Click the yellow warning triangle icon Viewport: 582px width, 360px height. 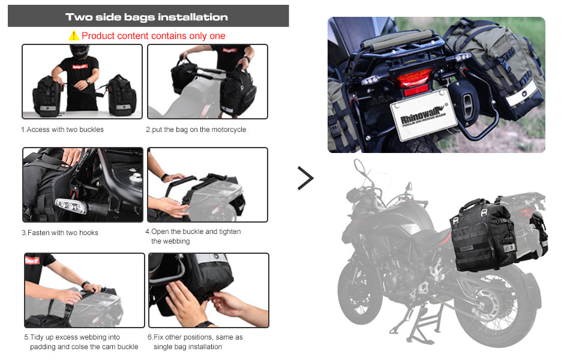coord(74,35)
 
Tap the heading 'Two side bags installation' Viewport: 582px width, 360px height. coord(146,17)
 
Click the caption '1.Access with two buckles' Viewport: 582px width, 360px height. coord(62,130)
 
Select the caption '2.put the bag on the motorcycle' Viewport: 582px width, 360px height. coord(196,130)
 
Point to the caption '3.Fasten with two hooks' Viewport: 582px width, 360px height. coord(60,233)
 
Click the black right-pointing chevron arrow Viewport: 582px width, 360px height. coord(306,178)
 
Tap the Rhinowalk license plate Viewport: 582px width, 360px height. coord(424,115)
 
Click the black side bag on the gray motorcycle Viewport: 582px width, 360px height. coord(482,235)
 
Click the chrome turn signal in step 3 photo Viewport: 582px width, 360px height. coord(71,206)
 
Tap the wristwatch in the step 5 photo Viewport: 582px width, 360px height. coord(85,284)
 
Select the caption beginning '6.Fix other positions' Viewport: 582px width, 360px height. coord(195,342)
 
